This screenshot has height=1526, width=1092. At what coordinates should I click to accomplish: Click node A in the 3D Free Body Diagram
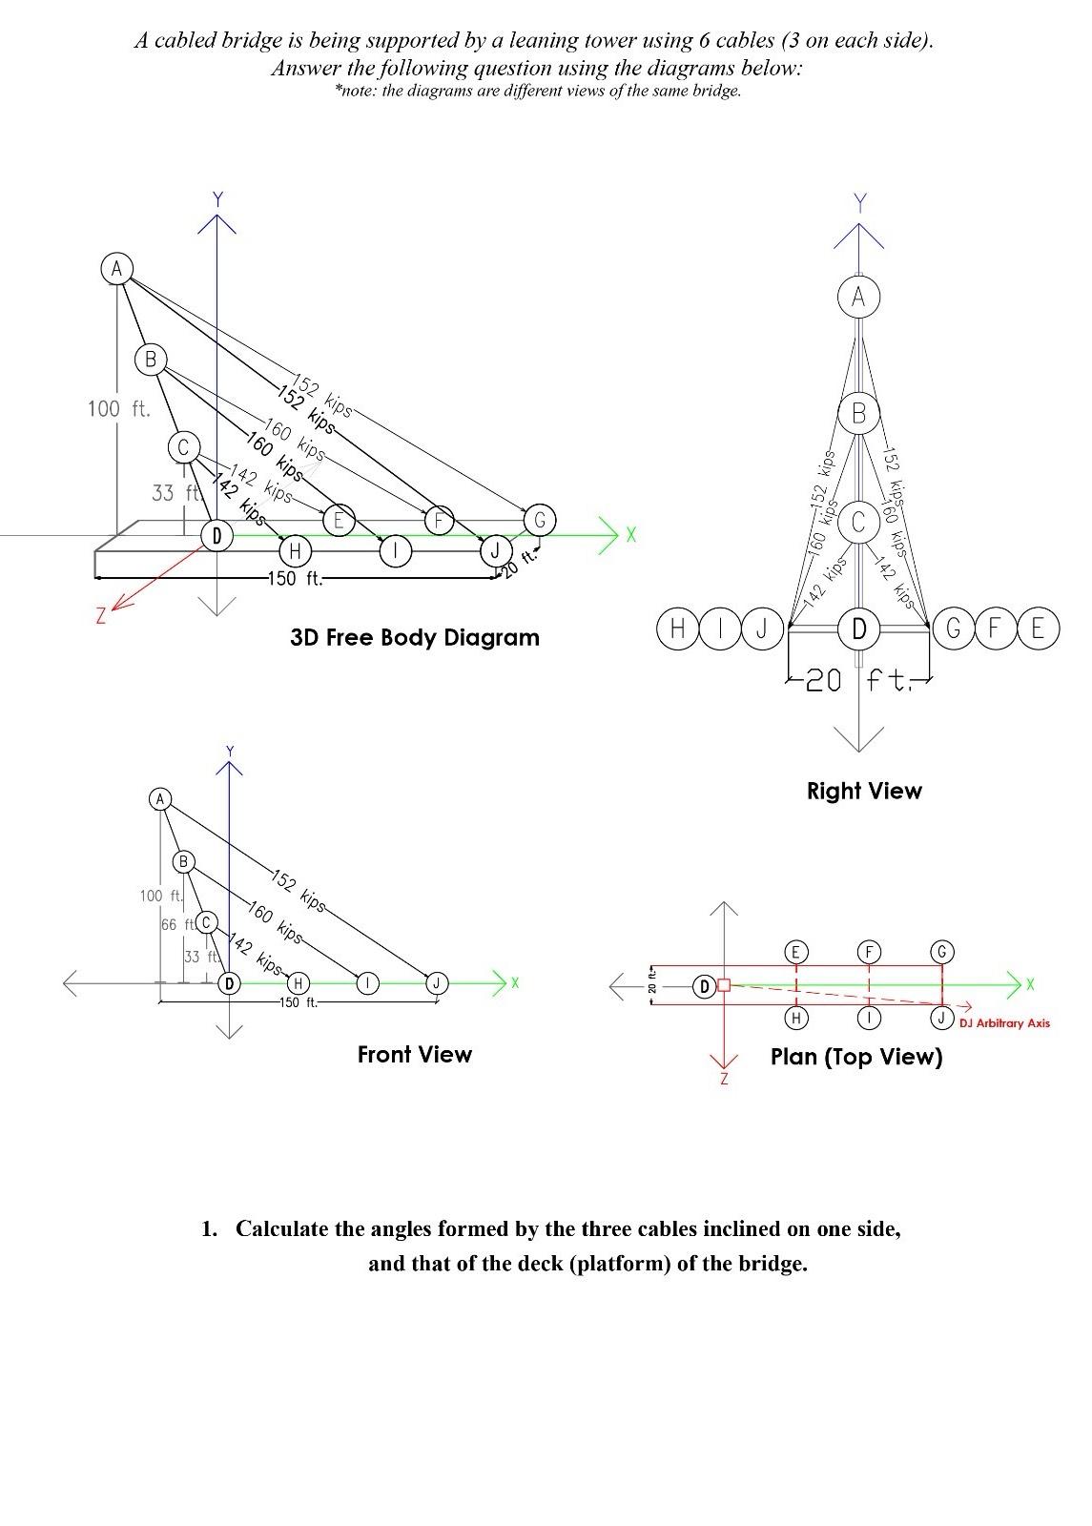pyautogui.click(x=116, y=269)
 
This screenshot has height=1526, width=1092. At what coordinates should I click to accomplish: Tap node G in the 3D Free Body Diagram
pyautogui.click(x=540, y=520)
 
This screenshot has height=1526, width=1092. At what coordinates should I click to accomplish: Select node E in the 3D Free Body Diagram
pyautogui.click(x=338, y=520)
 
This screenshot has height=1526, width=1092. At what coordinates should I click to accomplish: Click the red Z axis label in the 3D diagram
pyautogui.click(x=100, y=616)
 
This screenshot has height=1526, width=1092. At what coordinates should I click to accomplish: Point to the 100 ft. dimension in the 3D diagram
pyautogui.click(x=118, y=409)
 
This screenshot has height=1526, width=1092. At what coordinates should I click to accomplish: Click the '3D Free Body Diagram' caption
pyautogui.click(x=415, y=638)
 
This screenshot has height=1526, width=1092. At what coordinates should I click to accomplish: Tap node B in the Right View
pyautogui.click(x=858, y=413)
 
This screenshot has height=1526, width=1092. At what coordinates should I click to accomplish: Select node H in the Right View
pyautogui.click(x=677, y=629)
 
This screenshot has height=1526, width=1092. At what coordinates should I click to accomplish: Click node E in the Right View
pyautogui.click(x=1038, y=629)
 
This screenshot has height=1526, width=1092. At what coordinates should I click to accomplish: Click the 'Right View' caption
pyautogui.click(x=864, y=791)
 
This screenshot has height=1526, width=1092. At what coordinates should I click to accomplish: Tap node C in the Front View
pyautogui.click(x=206, y=922)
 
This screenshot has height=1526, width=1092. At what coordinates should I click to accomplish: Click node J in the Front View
pyautogui.click(x=437, y=982)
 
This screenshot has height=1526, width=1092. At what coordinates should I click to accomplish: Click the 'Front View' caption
pyautogui.click(x=415, y=1054)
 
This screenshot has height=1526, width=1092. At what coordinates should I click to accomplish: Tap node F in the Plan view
pyautogui.click(x=869, y=952)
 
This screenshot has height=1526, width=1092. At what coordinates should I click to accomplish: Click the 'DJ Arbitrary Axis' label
pyautogui.click(x=1004, y=1022)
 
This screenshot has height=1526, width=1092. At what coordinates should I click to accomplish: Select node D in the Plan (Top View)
pyautogui.click(x=704, y=986)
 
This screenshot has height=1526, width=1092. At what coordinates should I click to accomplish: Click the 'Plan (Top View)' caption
pyautogui.click(x=856, y=1057)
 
